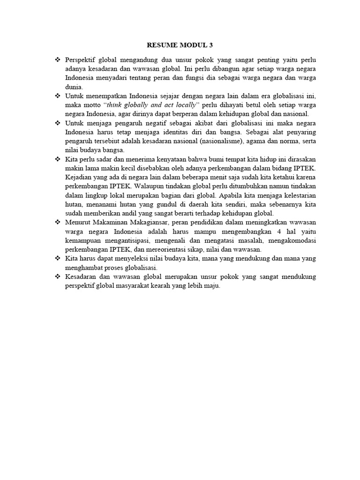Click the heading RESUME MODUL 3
click(180, 45)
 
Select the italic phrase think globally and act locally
click(150, 105)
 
